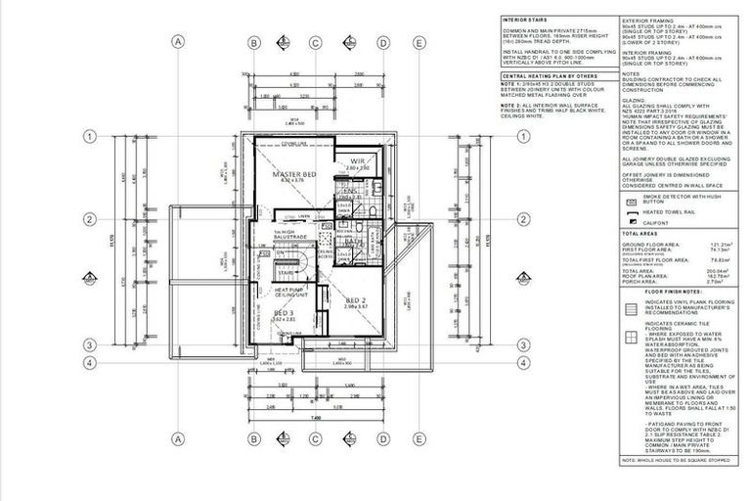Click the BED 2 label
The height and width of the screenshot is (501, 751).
coord(355,301)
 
